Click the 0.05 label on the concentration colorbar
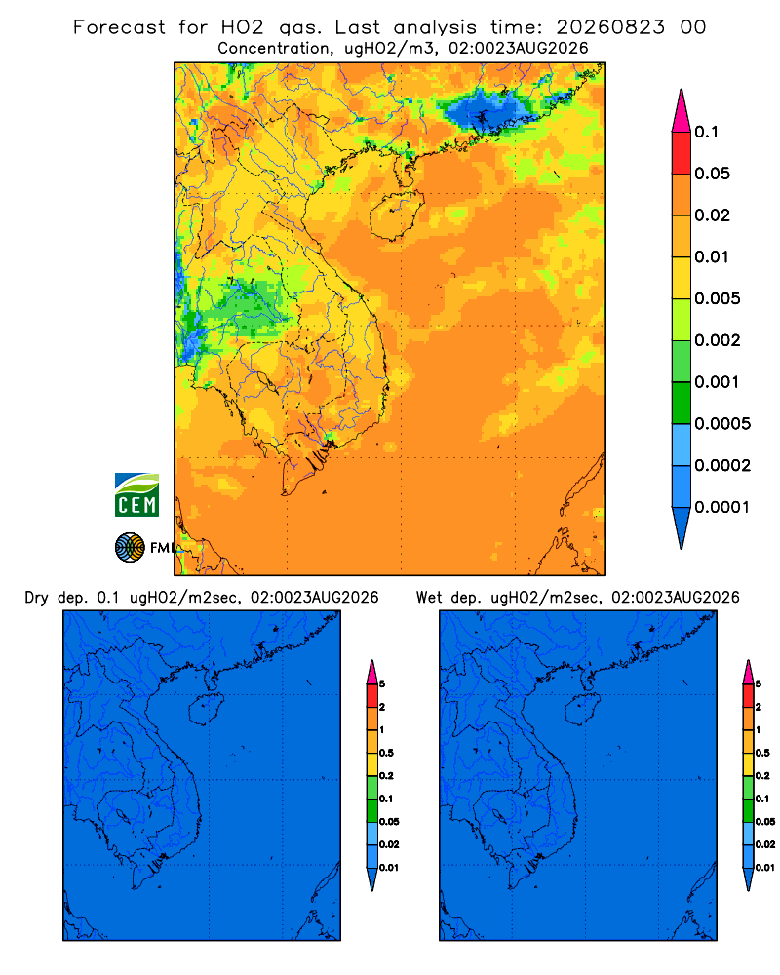[x=712, y=174]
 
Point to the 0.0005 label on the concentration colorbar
[x=722, y=424]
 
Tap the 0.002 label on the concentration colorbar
[x=718, y=340]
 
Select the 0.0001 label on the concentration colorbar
[x=722, y=507]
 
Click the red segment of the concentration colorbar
[x=682, y=153]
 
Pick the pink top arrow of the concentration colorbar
[x=682, y=111]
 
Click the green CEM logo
[x=136, y=494]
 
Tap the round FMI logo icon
[x=130, y=548]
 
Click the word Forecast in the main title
[x=119, y=27]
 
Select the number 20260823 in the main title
[x=610, y=27]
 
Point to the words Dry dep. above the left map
[x=56, y=598]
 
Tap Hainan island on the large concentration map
[x=396, y=214]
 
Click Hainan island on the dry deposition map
[x=206, y=709]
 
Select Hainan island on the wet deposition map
[x=583, y=709]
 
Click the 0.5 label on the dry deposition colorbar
[x=386, y=753]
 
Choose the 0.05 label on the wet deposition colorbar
[x=765, y=821]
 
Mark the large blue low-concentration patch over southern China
[x=486, y=111]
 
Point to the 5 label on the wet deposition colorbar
[x=759, y=684]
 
